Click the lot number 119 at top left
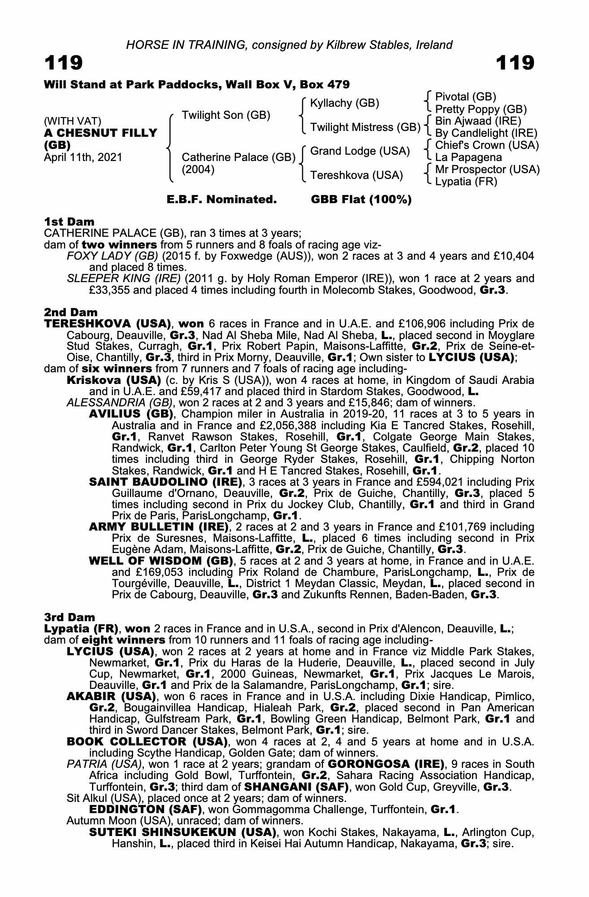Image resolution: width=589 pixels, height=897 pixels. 63,63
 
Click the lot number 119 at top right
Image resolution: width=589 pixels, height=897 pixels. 515,63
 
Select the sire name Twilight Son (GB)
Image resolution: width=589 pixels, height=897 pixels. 226,115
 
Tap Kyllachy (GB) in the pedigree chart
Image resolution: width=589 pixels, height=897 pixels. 345,103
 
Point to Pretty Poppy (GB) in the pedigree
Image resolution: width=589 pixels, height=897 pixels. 481,109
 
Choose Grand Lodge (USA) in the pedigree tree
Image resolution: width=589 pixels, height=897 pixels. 360,151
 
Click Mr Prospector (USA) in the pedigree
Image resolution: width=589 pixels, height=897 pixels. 487,170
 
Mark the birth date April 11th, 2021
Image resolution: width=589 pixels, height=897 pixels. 83,157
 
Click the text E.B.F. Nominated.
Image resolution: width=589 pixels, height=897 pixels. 221,200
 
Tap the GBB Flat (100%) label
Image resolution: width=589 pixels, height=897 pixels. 361,200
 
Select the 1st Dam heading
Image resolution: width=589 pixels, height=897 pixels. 69,222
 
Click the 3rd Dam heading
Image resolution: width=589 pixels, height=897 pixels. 69,617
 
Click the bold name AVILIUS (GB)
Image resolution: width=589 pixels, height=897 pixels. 131,414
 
